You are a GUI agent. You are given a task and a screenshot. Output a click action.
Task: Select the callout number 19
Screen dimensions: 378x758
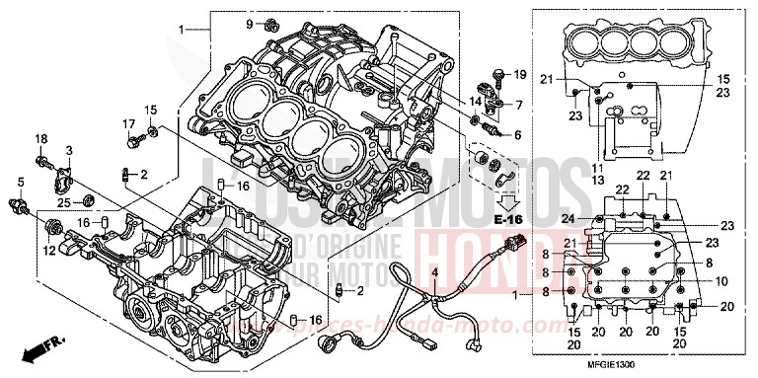click(x=520, y=74)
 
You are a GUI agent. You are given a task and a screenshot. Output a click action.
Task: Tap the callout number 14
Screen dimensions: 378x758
click(x=476, y=101)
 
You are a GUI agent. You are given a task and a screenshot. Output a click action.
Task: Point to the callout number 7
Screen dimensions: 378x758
click(x=518, y=104)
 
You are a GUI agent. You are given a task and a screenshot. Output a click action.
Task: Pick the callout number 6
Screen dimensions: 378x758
click(x=516, y=134)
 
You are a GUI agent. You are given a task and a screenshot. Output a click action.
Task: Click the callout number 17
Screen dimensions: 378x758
click(x=128, y=123)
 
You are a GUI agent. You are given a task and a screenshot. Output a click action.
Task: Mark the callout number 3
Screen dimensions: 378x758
click(x=69, y=148)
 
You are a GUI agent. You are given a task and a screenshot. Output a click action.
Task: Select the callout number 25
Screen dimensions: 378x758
click(x=63, y=202)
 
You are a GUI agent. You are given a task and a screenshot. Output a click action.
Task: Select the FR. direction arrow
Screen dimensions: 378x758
click(x=39, y=347)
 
